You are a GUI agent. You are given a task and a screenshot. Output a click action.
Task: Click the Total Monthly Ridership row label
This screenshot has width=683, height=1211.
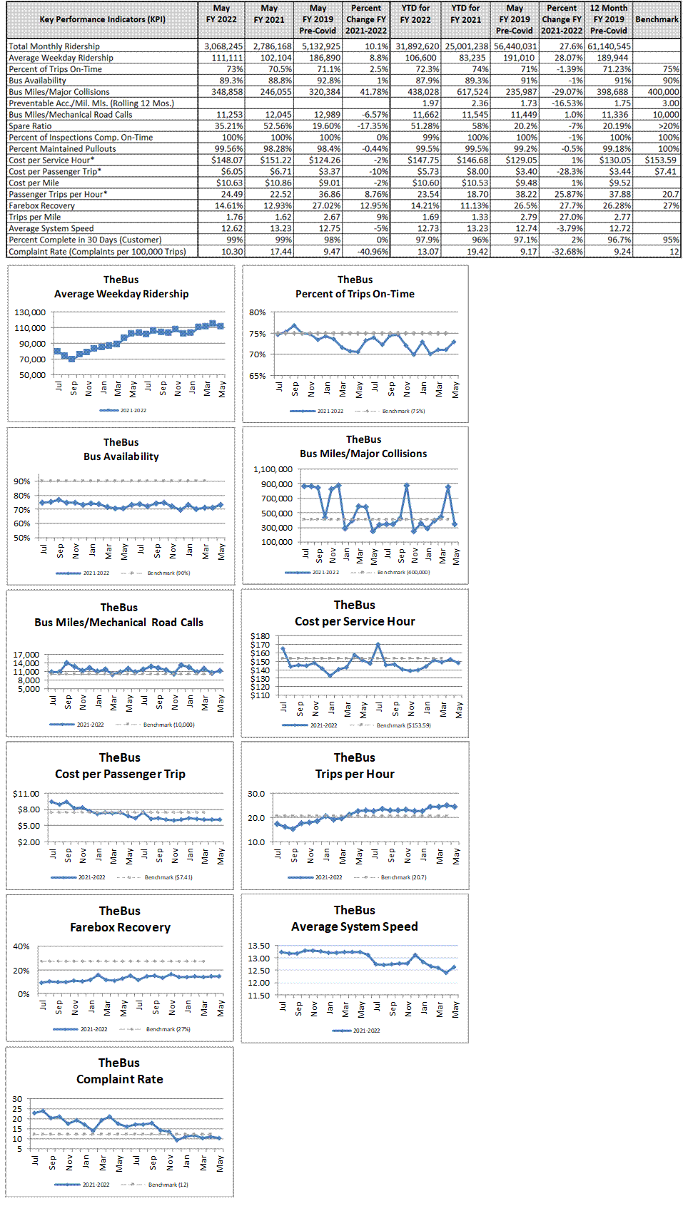pos(54,46)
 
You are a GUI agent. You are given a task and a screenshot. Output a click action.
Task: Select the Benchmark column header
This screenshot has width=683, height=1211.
pos(657,19)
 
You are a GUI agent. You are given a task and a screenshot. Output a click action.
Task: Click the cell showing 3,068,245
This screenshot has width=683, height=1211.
pos(223,46)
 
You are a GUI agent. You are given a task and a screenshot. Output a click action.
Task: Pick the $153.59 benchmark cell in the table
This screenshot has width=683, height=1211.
pos(660,160)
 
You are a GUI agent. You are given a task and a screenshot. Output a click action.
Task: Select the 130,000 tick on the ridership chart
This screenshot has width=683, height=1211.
pos(30,312)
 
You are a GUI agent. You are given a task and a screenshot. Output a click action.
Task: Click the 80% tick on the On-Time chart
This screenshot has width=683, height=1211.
pos(258,312)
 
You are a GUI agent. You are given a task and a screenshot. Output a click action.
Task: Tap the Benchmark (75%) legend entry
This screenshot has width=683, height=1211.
pos(403,412)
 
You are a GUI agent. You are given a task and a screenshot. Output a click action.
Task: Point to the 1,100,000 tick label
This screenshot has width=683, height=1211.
pos(273,469)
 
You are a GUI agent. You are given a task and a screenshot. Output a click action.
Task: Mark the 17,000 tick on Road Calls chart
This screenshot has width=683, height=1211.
pos(26,655)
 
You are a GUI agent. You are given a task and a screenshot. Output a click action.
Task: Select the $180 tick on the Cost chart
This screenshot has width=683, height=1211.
pos(260,636)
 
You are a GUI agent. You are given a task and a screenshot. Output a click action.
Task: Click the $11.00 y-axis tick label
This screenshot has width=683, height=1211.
pos(26,794)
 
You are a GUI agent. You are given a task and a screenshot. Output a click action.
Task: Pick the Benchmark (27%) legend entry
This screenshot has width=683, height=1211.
pos(168,1029)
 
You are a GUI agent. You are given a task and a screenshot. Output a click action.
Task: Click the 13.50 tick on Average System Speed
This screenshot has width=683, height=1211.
pos(258,946)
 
